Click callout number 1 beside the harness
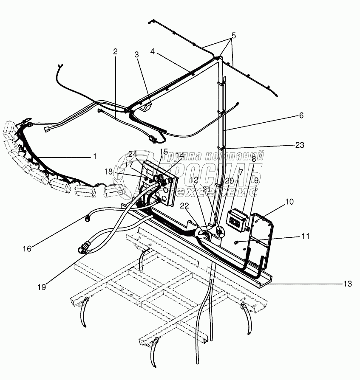pos(94,157)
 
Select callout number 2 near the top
pos(115,51)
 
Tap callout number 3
pos(136,54)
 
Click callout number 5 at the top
pos(233,35)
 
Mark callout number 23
pos(300,145)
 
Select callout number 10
pos(289,202)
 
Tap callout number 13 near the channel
pos(347,284)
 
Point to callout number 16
pos(27,249)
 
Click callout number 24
pos(133,153)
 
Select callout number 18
pos(109,172)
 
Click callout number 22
pos(184,206)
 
